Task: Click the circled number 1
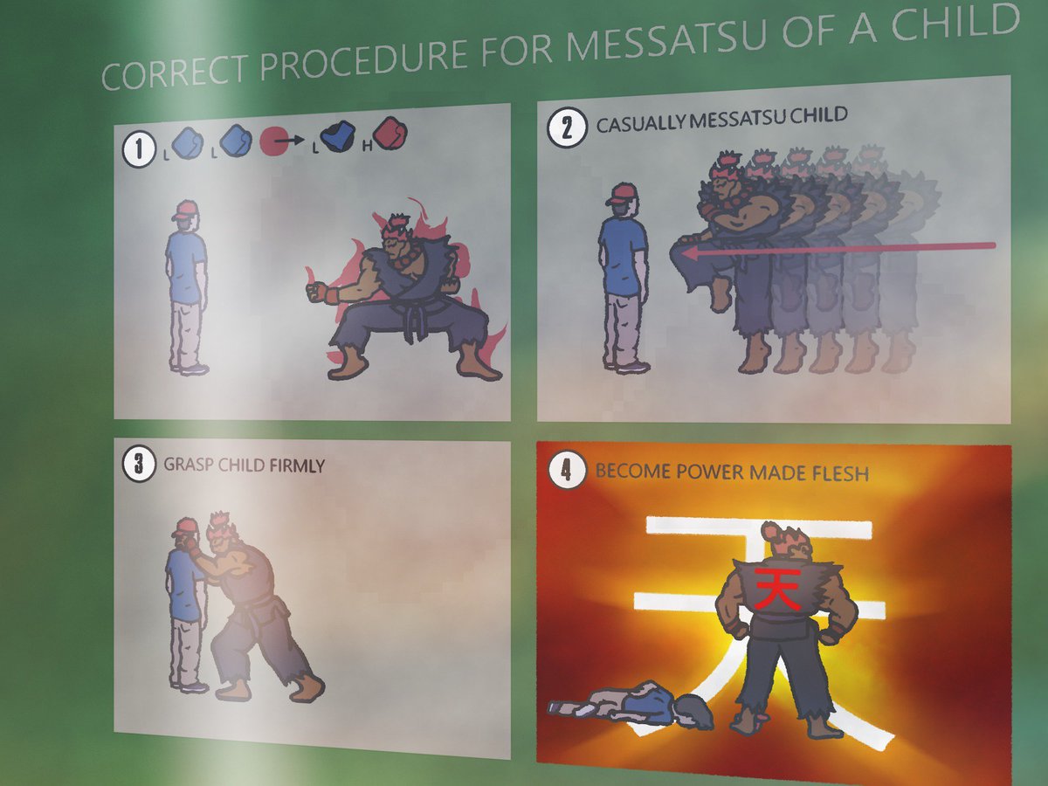click(x=139, y=149)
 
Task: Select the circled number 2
click(x=567, y=128)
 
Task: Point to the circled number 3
click(x=139, y=465)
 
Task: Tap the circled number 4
click(x=567, y=471)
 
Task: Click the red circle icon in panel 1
click(x=273, y=141)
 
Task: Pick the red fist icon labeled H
click(x=390, y=134)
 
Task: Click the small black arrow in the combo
click(x=292, y=140)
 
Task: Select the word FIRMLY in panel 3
click(x=297, y=465)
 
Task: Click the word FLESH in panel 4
click(x=841, y=473)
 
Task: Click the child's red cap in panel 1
click(x=185, y=210)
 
